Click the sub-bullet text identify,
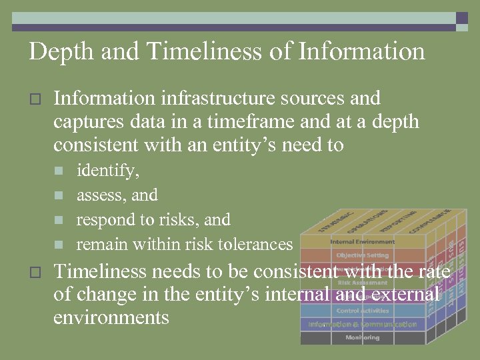(x=108, y=171)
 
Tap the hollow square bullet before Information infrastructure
(x=36, y=99)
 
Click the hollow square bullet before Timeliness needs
(x=36, y=272)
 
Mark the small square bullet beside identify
(x=58, y=171)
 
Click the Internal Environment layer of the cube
(x=362, y=241)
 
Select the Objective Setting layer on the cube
(x=362, y=255)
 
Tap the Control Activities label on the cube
(x=362, y=311)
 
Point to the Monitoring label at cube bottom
(x=362, y=338)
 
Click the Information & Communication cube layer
(x=362, y=325)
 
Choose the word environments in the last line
(x=111, y=317)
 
